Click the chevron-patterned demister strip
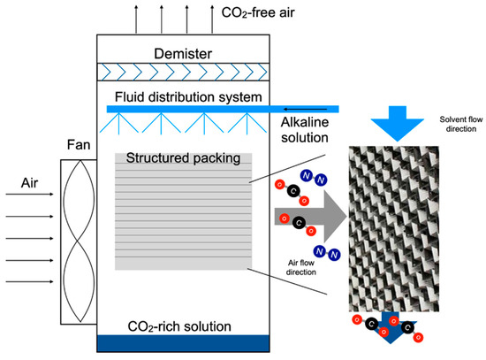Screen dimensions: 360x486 click(x=183, y=71)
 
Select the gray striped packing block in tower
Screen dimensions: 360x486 click(x=183, y=217)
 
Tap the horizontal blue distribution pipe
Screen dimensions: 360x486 click(x=221, y=108)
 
